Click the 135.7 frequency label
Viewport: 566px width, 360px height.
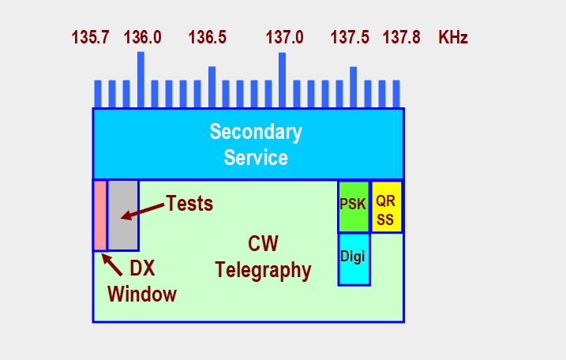[x=90, y=37]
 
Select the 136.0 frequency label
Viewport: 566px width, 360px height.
[x=142, y=37]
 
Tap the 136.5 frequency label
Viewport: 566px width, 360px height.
[x=207, y=37]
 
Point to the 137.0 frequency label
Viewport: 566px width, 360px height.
[x=284, y=37]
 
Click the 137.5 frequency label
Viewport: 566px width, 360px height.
[x=350, y=37]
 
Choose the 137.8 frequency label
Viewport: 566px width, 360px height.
[x=402, y=37]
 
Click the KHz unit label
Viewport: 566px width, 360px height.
[x=453, y=37]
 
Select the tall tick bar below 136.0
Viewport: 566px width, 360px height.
[x=141, y=79]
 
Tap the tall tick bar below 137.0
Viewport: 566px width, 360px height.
[x=283, y=79]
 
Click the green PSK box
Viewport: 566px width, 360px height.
[x=353, y=205]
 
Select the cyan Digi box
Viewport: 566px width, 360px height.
[x=353, y=258]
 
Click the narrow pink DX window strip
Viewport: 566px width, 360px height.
[x=99, y=215]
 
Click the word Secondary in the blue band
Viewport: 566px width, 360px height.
[x=255, y=132]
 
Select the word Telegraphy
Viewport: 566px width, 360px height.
[x=263, y=271]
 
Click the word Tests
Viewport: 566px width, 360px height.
[x=189, y=204]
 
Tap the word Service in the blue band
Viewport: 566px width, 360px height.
[x=255, y=157]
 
